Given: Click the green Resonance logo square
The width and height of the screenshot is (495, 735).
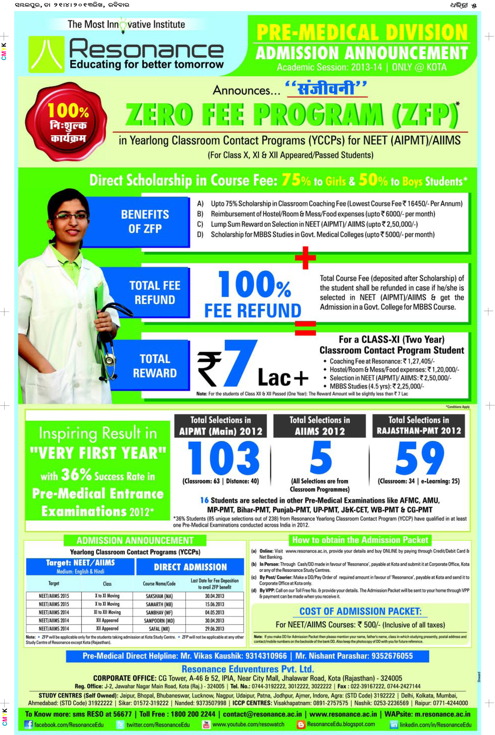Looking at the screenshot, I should click(47, 54).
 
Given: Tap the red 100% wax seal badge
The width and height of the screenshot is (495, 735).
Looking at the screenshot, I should click(66, 122).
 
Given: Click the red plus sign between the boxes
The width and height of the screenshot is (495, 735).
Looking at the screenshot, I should click(305, 257).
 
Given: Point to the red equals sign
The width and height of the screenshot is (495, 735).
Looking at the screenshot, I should click(305, 328).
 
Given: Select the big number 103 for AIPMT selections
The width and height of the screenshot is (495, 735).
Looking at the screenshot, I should click(224, 458).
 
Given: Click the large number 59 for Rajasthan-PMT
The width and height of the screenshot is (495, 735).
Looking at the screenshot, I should click(419, 458).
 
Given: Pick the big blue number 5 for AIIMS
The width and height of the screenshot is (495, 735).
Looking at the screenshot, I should click(320, 458).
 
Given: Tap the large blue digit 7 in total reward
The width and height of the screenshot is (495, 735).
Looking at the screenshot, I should click(240, 363).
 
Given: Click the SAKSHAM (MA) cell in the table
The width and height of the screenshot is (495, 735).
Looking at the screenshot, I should click(159, 596).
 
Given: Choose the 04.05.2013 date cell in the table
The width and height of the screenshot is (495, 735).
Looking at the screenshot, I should click(214, 612).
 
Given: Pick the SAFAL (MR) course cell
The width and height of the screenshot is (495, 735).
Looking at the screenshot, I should click(159, 629).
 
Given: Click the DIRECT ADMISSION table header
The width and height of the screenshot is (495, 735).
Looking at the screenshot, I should click(190, 567).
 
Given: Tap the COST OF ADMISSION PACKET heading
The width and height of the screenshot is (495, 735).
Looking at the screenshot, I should click(360, 611).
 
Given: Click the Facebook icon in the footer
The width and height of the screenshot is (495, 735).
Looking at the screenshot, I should click(29, 724).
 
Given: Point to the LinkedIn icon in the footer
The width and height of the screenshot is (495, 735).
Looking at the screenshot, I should click(394, 724).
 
